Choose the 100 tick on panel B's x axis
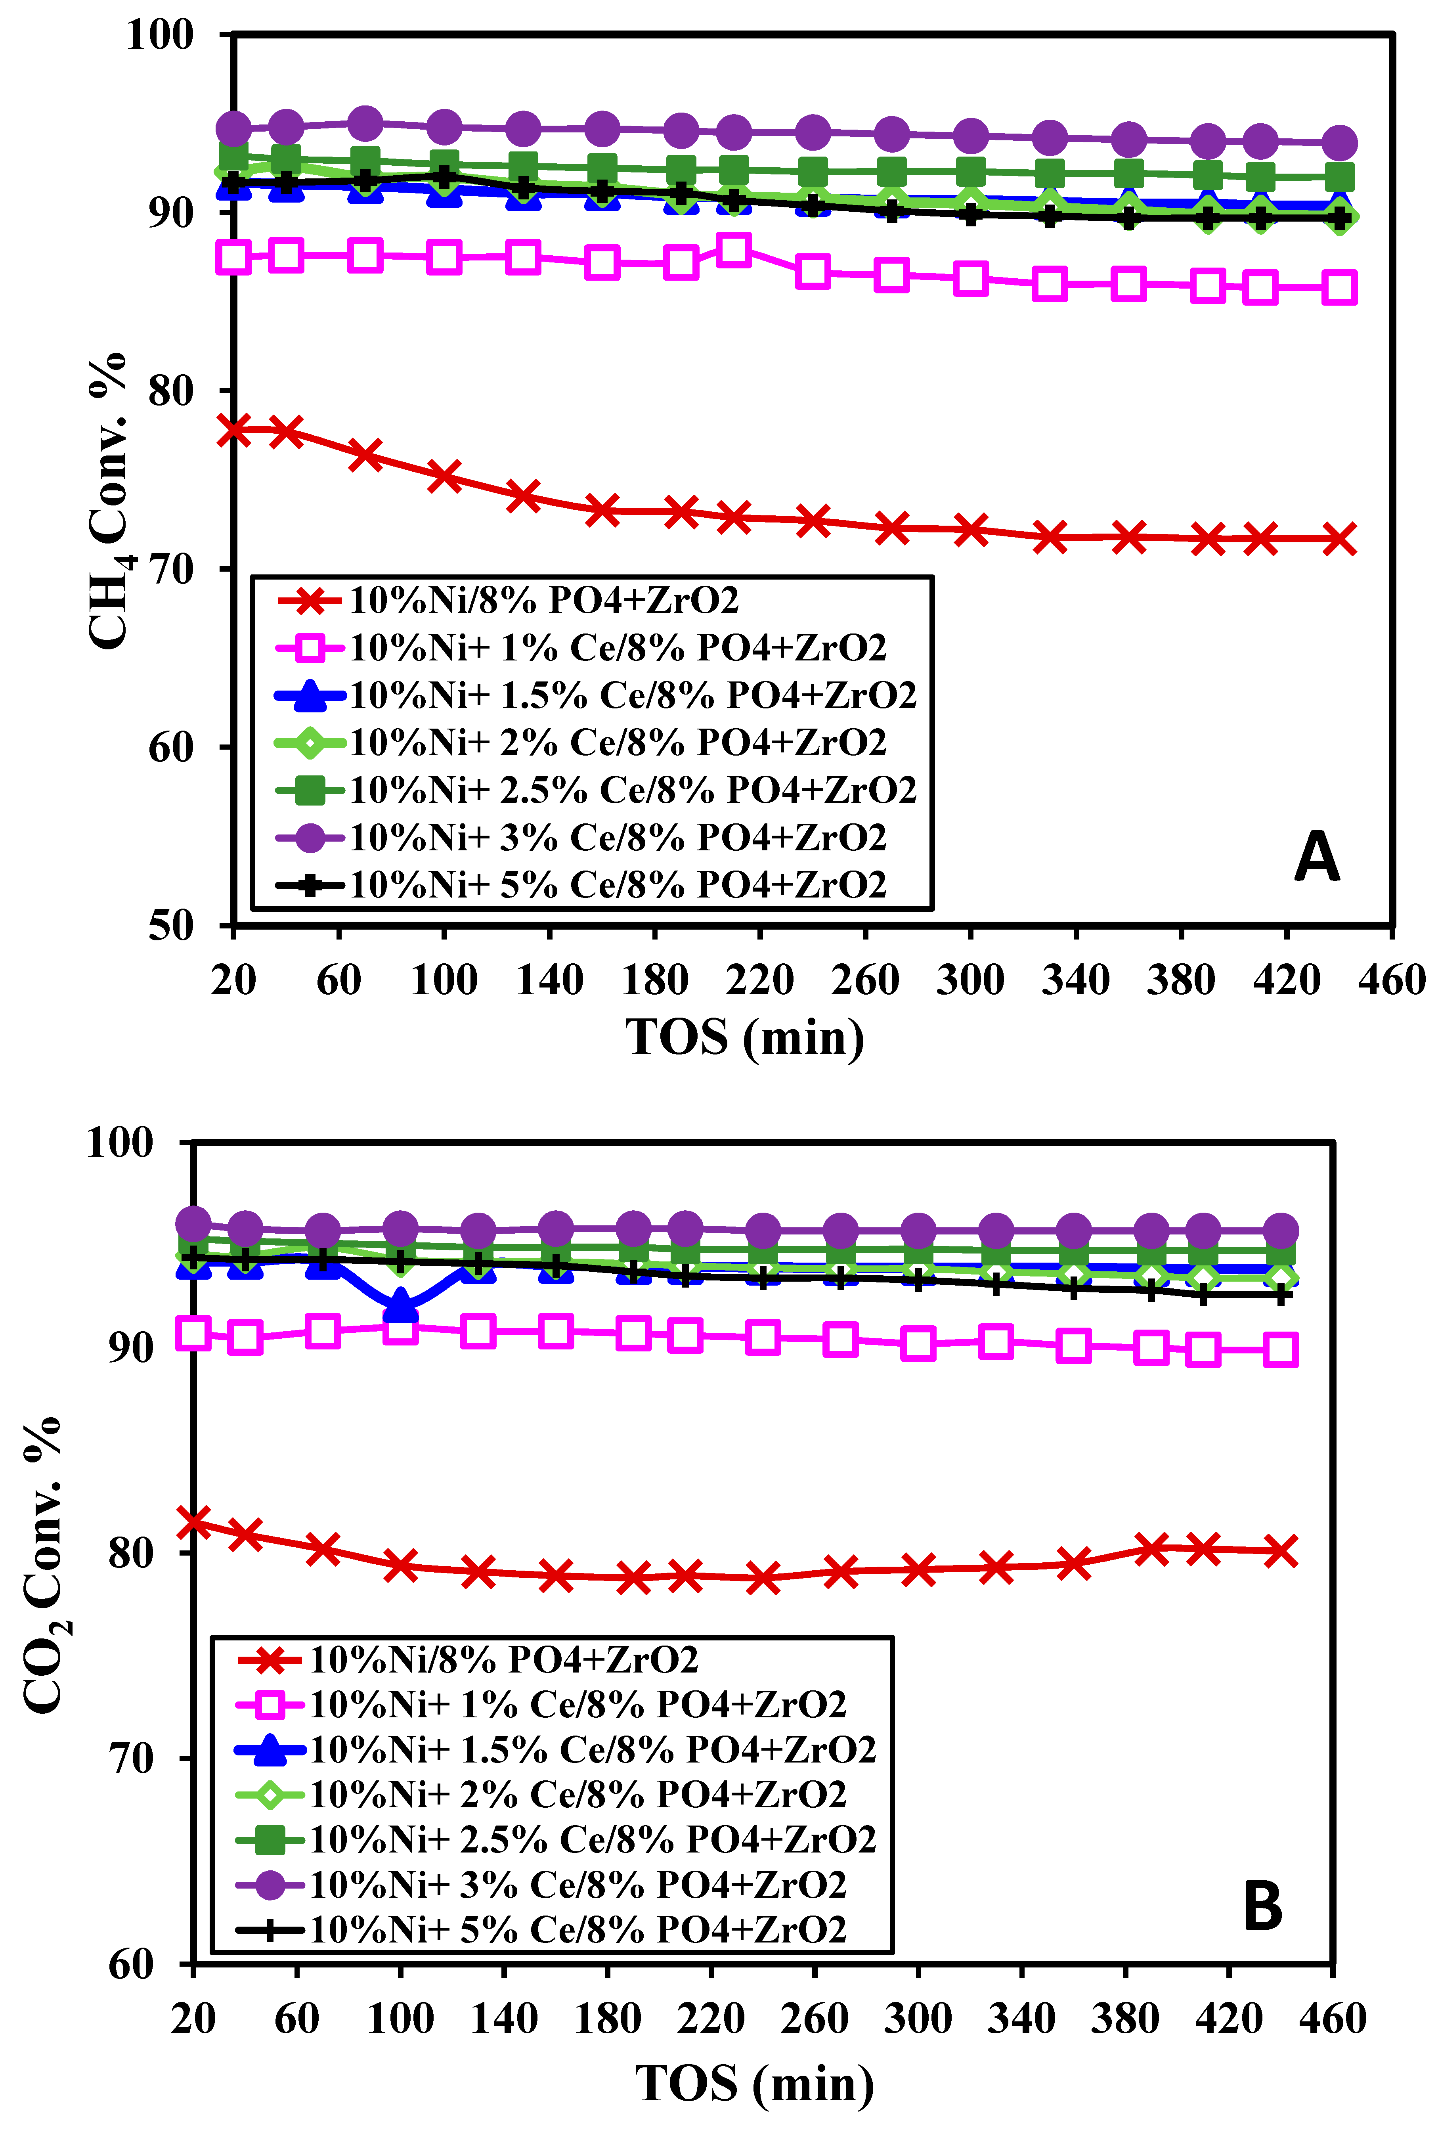click(400, 2019)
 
